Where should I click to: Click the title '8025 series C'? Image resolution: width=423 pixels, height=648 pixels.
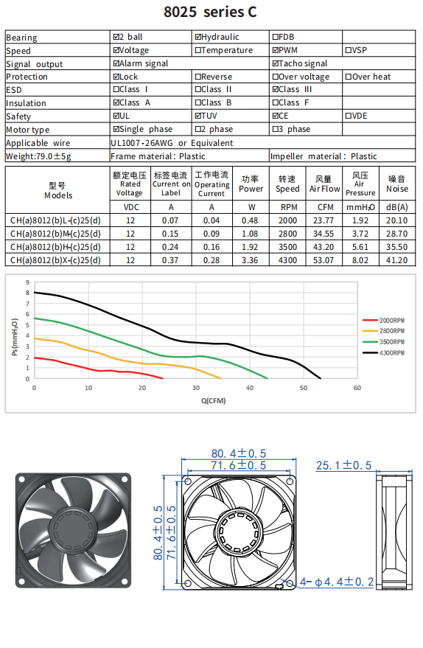pos(210,12)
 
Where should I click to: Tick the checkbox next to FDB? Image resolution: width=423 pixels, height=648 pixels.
pos(275,37)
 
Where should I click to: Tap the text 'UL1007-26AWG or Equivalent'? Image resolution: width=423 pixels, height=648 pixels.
pos(172,143)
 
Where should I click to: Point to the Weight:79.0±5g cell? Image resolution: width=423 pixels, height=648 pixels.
pos(38,156)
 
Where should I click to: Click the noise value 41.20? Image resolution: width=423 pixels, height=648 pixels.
pos(397,260)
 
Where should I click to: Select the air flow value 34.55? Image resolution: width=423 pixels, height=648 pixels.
pos(324,234)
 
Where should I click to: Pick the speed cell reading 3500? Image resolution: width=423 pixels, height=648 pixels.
pos(287,247)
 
